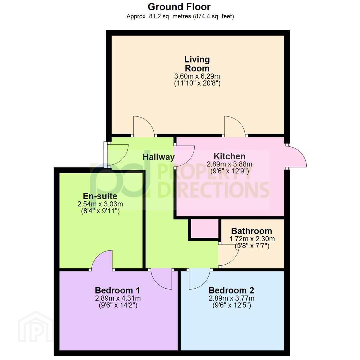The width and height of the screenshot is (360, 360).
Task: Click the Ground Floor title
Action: pos(179,7)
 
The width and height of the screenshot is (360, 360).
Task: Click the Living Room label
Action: pos(197,64)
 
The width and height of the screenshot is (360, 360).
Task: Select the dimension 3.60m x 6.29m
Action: pos(197,76)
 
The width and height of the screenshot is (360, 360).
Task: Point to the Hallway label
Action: pos(158,157)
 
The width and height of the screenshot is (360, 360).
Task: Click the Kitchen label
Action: pos(229,156)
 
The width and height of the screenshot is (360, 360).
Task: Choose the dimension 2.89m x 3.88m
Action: pos(229,164)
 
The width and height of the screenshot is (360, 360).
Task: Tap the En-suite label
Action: pos(100,196)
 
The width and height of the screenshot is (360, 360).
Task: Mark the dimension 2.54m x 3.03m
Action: pos(100,204)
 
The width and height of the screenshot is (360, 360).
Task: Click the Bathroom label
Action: pos(251,231)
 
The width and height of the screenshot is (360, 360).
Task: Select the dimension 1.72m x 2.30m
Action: pos(252,239)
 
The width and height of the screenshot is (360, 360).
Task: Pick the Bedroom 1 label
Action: pos(117,290)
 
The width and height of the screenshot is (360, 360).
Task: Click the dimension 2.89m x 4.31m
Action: pos(118,298)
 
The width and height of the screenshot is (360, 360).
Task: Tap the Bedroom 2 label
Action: pos(231,290)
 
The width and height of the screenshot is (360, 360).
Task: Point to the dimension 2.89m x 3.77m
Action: pos(231,298)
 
